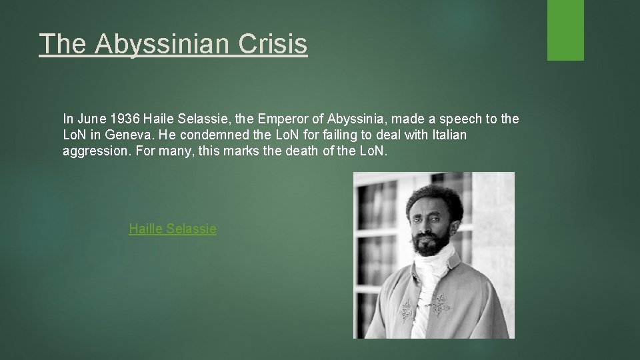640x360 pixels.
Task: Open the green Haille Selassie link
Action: click(173, 229)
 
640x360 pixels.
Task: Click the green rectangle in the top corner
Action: click(565, 30)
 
